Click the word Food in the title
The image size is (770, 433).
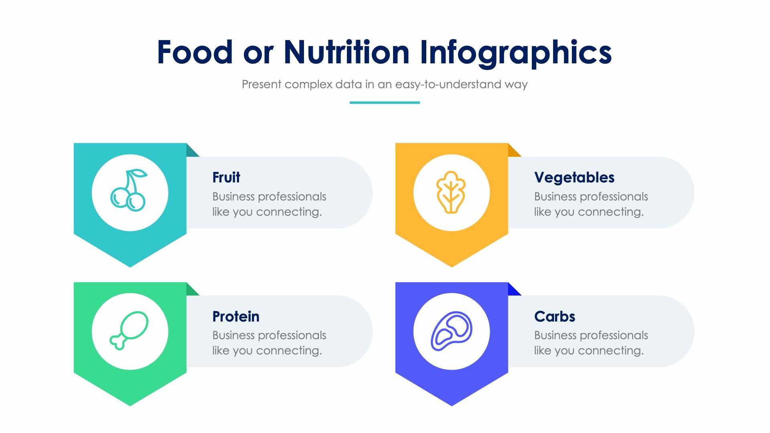[195, 52]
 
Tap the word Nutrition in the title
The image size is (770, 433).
[346, 52]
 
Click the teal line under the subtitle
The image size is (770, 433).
[385, 103]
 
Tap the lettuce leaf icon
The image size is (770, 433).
[451, 192]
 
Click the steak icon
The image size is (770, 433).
[451, 331]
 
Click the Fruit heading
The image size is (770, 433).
[226, 177]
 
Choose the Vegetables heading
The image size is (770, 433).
[574, 177]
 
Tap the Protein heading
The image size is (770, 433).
[236, 316]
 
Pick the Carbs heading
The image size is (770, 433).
[554, 316]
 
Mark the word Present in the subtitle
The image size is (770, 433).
[261, 85]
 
